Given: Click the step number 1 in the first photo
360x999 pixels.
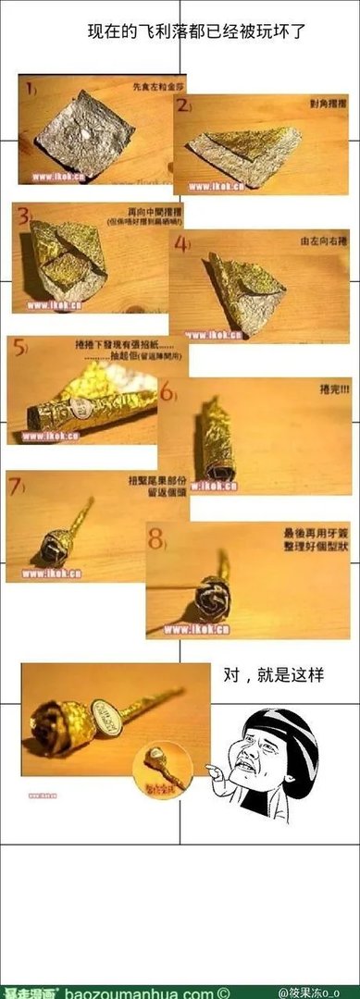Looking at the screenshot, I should coord(32,89).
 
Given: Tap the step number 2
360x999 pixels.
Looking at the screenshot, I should coord(184,104).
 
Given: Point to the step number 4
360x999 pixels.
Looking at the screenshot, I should coord(181,244).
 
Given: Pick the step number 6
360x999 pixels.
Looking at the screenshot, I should coord(168,392).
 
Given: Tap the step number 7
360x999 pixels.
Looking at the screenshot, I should coord(17,484).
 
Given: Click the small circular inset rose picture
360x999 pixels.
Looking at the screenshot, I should coord(166,769).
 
